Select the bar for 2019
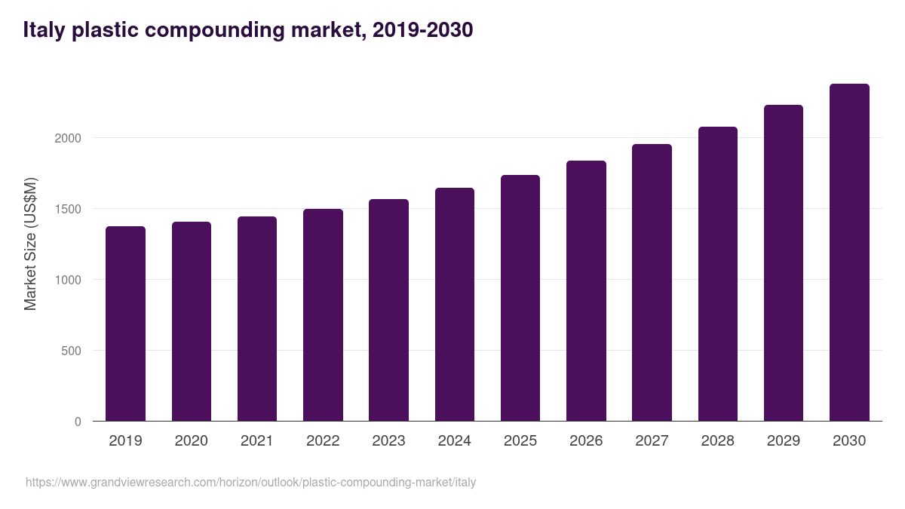125,323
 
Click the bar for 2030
849,253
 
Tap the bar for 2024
455,305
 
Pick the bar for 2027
652,283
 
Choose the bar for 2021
257,319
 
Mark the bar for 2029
784,263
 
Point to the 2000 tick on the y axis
67,138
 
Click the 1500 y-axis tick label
67,209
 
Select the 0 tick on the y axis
78,422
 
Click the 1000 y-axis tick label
67,280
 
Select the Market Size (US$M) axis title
30,244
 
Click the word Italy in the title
44,30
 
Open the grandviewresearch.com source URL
250,482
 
